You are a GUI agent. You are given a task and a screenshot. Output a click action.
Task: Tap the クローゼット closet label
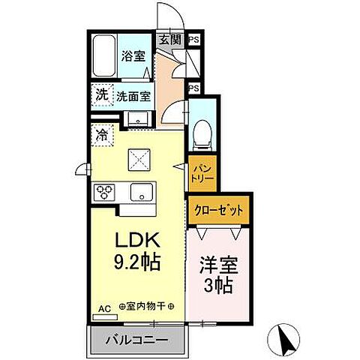tap(220, 211)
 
